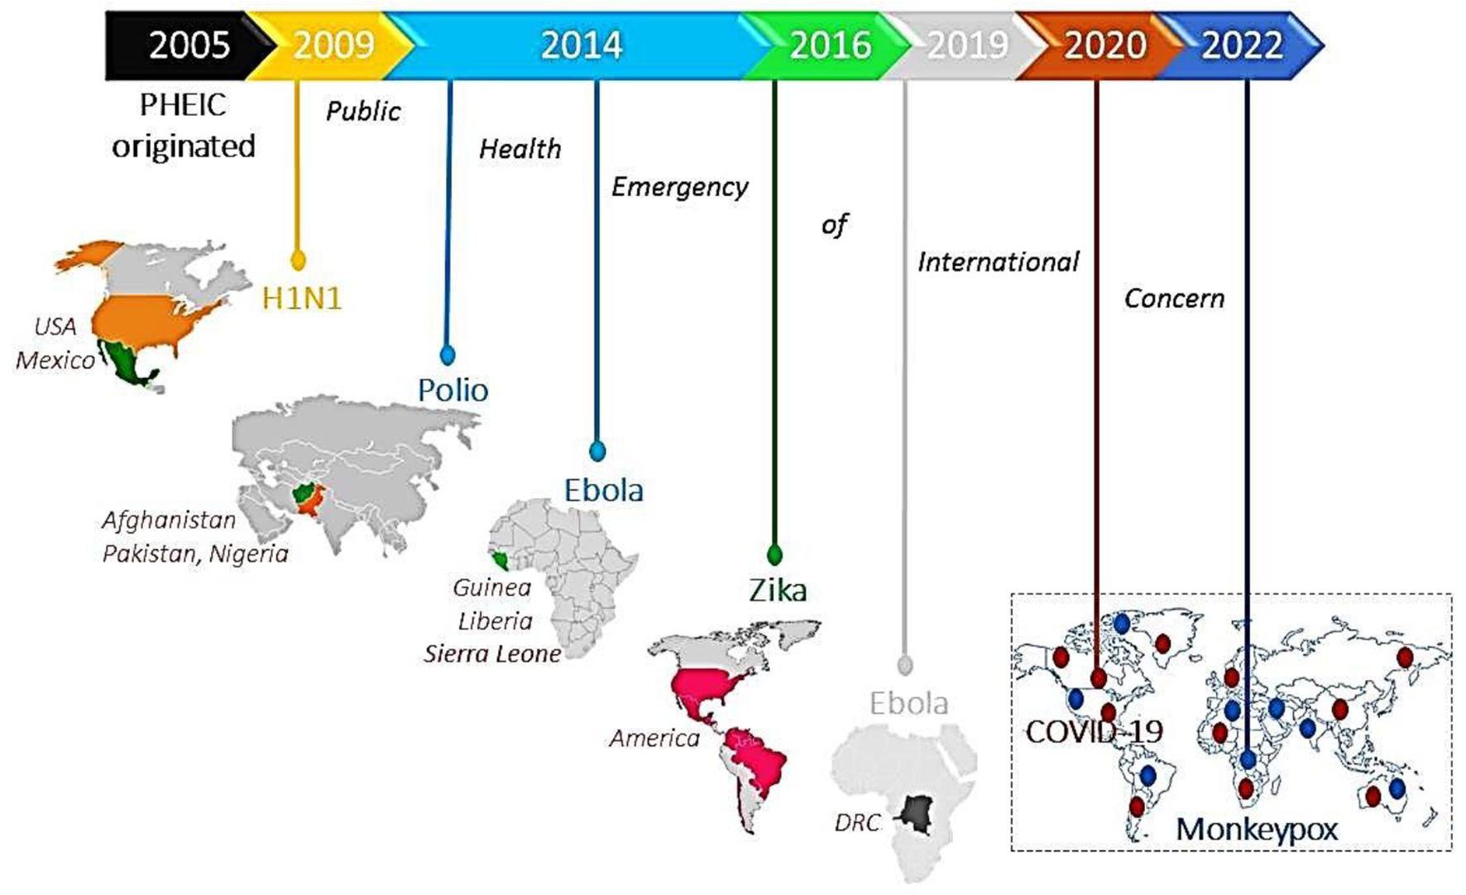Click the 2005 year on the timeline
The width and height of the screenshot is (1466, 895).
pyautogui.click(x=189, y=45)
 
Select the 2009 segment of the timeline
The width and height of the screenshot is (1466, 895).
pyautogui.click(x=333, y=45)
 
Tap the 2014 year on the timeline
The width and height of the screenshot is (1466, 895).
pyautogui.click(x=581, y=45)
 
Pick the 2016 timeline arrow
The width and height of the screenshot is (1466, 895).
pyautogui.click(x=830, y=45)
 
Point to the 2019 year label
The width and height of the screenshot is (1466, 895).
pyautogui.click(x=967, y=45)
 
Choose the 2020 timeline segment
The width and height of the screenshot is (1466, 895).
pyautogui.click(x=1104, y=45)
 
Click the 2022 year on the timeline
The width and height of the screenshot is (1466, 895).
pyautogui.click(x=1242, y=45)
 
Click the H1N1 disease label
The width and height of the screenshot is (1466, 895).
pyautogui.click(x=302, y=298)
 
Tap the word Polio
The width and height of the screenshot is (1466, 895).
pyautogui.click(x=453, y=390)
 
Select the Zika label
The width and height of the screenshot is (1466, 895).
pyautogui.click(x=777, y=590)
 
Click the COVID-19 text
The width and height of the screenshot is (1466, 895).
pyautogui.click(x=1094, y=731)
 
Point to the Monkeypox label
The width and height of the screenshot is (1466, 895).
pyautogui.click(x=1256, y=828)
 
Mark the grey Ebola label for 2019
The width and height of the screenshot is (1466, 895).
pyautogui.click(x=908, y=703)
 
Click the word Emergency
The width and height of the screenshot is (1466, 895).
pyautogui.click(x=679, y=187)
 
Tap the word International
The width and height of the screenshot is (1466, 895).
pyautogui.click(x=998, y=262)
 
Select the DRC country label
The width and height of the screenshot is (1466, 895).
pyautogui.click(x=857, y=822)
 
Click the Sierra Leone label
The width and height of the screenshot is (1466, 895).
pyautogui.click(x=492, y=654)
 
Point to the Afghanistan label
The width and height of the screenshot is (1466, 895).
pyautogui.click(x=169, y=520)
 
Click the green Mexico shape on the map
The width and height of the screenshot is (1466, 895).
pyautogui.click(x=127, y=363)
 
